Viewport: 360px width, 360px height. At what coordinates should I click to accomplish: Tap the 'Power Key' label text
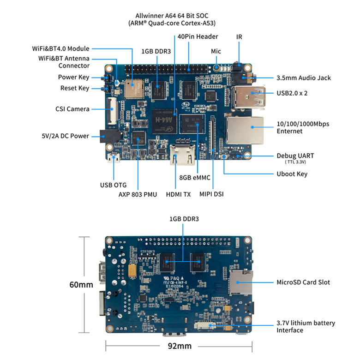73,77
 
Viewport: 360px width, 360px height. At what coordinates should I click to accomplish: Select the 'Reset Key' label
74,88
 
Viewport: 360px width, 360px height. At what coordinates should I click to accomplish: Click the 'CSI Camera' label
72,109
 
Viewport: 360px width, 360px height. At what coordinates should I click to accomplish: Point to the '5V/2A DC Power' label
65,136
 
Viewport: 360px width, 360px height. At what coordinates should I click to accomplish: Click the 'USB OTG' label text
113,185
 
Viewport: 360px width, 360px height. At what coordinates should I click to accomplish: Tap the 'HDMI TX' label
178,194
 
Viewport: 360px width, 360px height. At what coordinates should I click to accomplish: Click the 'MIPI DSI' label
211,194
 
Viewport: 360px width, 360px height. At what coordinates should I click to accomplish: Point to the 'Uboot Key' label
292,174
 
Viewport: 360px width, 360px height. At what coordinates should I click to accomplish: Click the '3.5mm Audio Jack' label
303,78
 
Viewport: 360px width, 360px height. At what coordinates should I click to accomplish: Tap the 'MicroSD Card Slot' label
303,282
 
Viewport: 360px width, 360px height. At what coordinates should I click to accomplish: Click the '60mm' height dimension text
81,285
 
